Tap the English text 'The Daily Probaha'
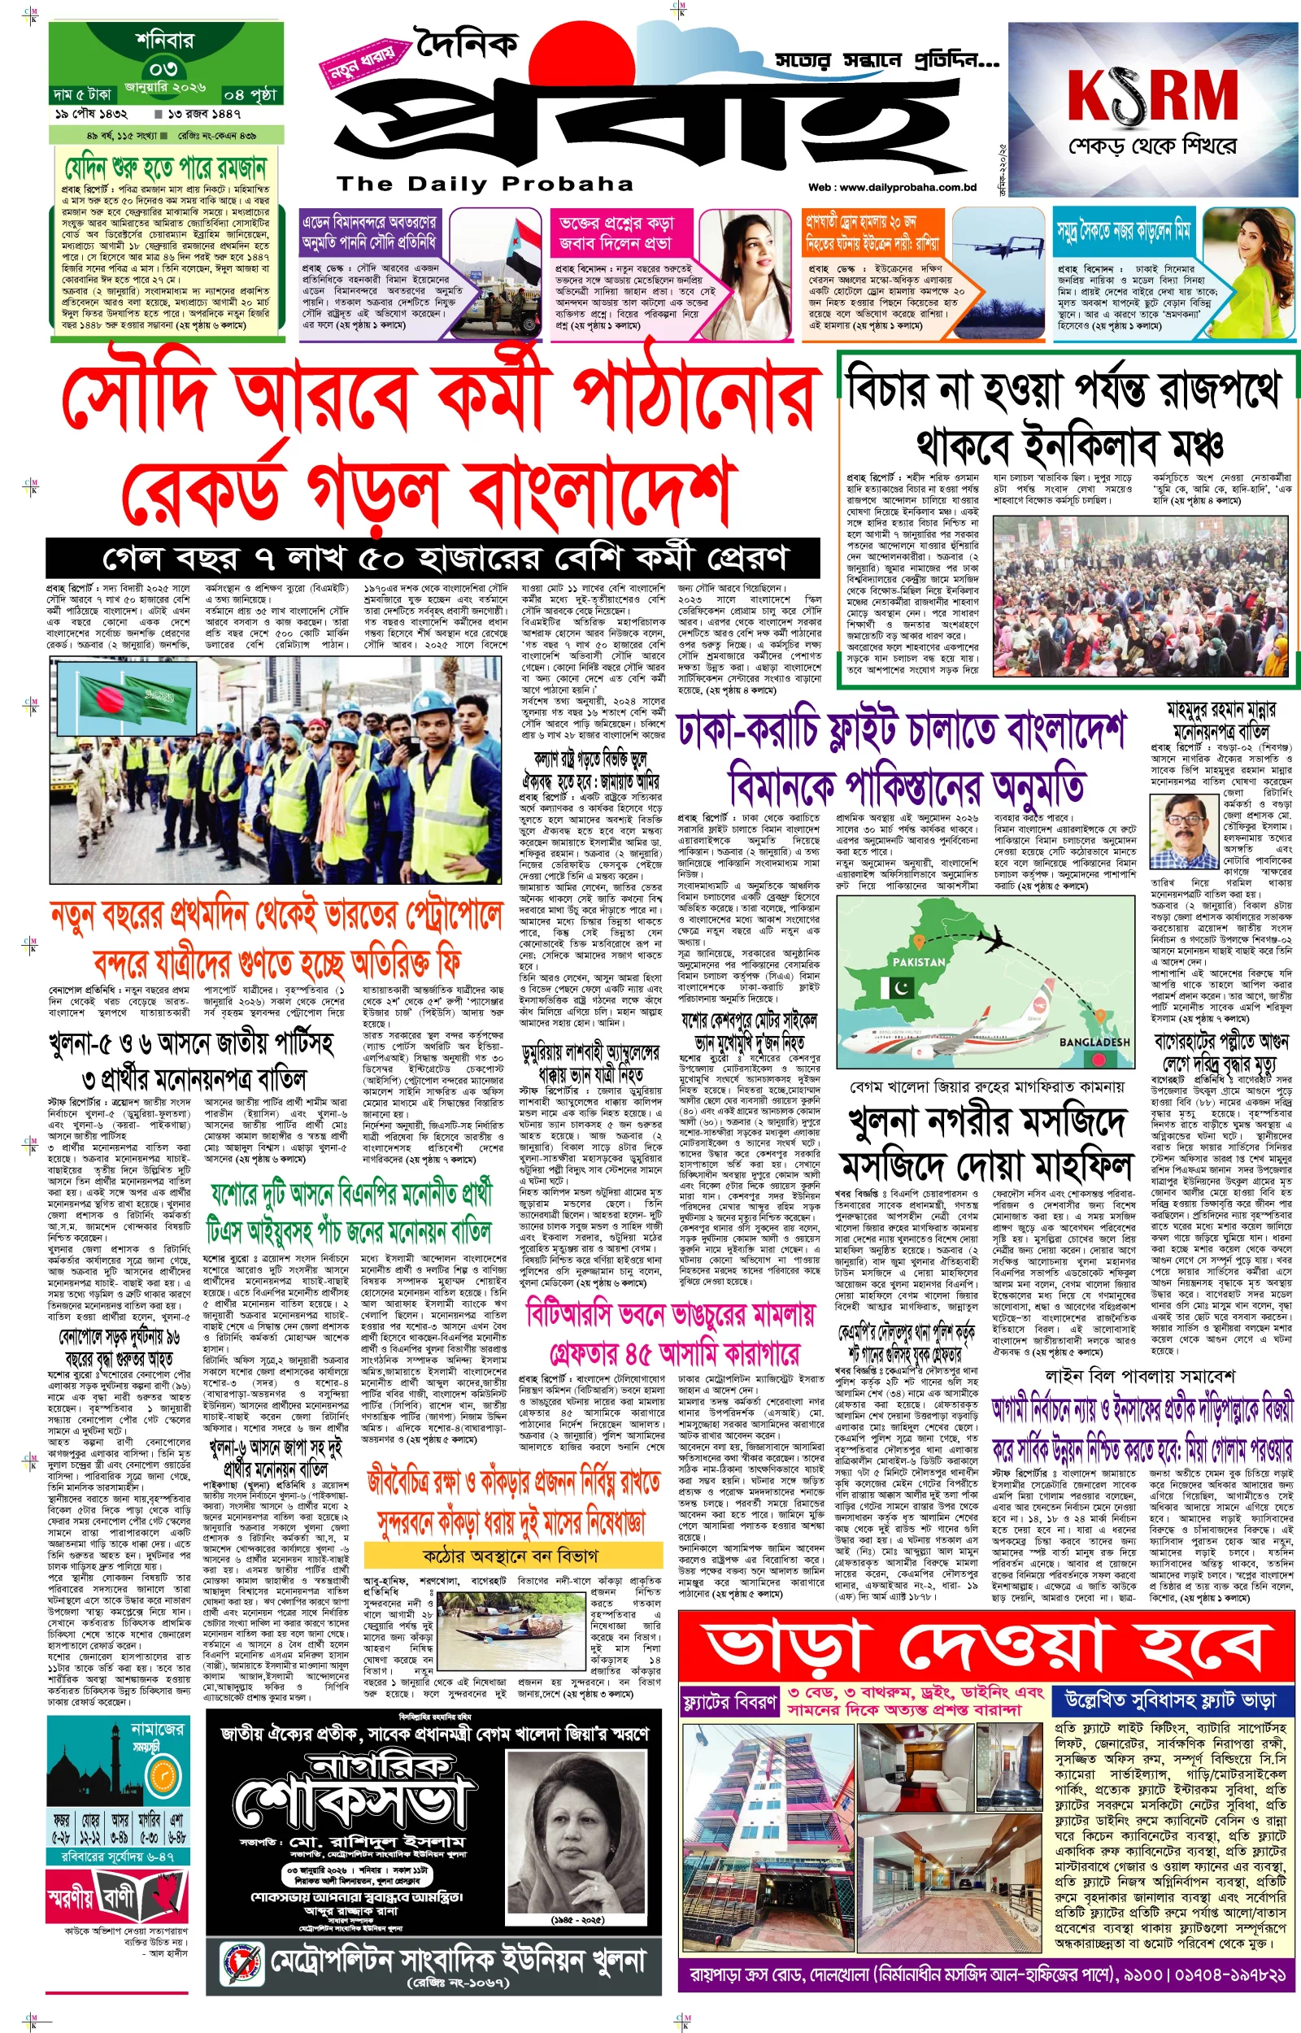485,183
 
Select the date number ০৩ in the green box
163,67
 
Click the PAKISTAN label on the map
918,961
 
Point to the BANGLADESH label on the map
1094,1042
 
